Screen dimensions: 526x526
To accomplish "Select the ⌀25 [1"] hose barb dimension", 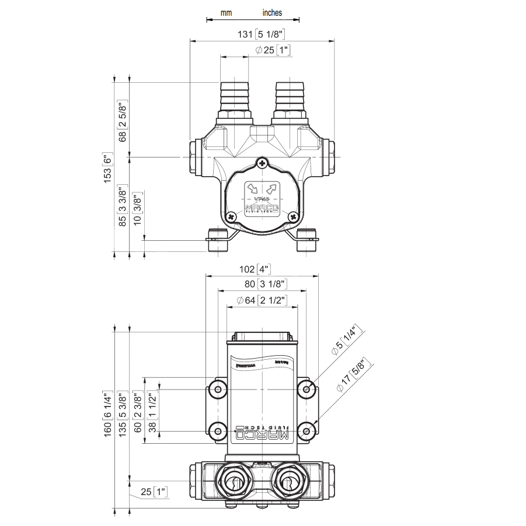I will [273, 51].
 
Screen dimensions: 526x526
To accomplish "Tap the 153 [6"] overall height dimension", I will [107, 169].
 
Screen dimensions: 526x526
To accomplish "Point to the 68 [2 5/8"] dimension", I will [123, 121].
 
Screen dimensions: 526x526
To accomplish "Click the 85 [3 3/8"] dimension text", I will [123, 206].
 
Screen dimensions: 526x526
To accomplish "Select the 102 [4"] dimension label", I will [256, 269].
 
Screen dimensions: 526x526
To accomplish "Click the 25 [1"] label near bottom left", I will [154, 492].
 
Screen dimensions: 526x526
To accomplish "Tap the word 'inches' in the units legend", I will [272, 12].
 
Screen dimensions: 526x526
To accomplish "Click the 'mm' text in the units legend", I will [226, 12].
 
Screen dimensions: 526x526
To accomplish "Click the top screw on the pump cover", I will [263, 163].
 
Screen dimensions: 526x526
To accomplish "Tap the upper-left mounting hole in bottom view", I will [218, 389].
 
